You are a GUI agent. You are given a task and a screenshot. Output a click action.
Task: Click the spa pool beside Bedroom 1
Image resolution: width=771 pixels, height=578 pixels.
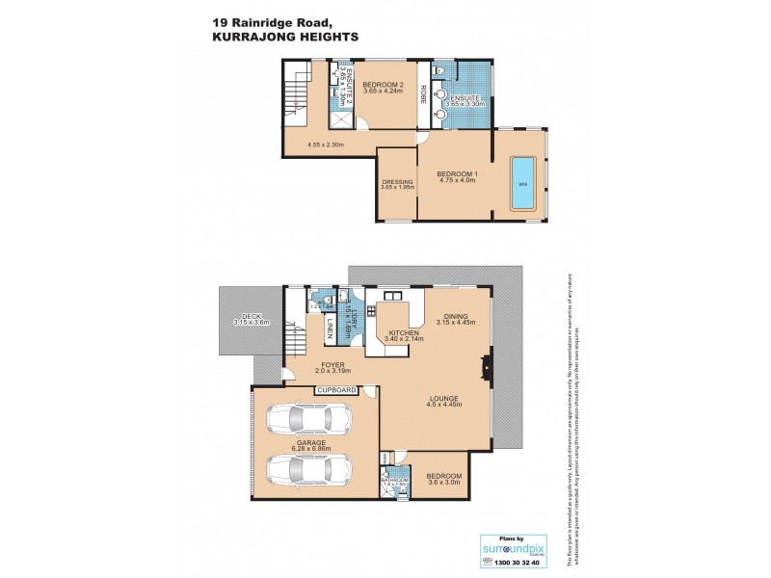[522, 183]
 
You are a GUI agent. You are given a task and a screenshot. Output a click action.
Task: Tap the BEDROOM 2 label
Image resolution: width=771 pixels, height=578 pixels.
[381, 86]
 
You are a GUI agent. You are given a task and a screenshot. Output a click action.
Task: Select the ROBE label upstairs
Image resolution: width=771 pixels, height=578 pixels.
[422, 97]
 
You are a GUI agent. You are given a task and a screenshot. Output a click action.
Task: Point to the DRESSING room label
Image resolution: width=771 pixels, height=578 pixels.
[397, 181]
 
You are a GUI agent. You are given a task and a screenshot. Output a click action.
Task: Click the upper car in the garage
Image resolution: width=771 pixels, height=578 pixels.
[306, 419]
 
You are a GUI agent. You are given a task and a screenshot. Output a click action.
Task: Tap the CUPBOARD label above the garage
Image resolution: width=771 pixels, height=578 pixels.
[337, 390]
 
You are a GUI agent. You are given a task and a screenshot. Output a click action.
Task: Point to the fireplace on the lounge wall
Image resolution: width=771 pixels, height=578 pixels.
[487, 366]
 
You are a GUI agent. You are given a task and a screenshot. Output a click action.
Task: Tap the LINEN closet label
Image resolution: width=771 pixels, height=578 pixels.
[330, 327]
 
